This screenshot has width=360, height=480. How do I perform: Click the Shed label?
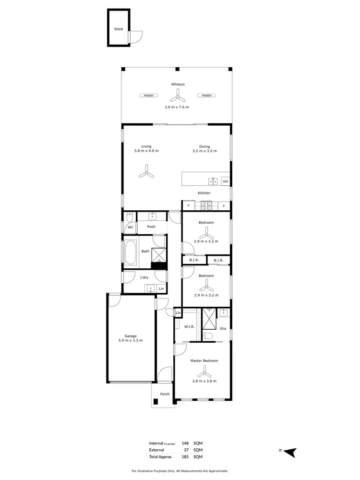pyautogui.click(x=118, y=29)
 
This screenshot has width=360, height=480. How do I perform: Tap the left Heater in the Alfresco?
pyautogui.click(x=149, y=96)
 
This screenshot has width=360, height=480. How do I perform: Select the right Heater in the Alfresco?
pyautogui.click(x=206, y=96)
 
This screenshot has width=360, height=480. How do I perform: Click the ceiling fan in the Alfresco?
pyautogui.click(x=177, y=96)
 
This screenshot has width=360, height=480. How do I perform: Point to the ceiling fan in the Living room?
pyautogui.click(x=146, y=172)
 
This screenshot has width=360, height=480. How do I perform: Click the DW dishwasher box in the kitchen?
pyautogui.click(x=225, y=181)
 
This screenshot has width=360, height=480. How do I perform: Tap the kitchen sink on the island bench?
pyautogui.click(x=214, y=181)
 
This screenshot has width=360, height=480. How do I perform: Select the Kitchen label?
pyautogui.click(x=204, y=193)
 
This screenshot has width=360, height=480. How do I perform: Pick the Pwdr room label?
pyautogui.click(x=151, y=227)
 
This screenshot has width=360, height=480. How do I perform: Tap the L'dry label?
pyautogui.click(x=144, y=277)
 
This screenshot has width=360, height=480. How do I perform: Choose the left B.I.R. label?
pyautogui.click(x=194, y=261)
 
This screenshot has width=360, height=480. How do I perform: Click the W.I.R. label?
pyautogui.click(x=189, y=326)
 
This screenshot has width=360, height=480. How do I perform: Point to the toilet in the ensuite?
pyautogui.click(x=208, y=336)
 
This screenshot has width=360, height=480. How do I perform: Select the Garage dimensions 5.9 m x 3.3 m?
pyautogui.click(x=131, y=340)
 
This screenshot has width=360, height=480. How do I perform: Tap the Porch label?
pyautogui.click(x=165, y=394)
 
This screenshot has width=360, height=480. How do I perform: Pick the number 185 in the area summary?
pyautogui.click(x=184, y=457)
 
